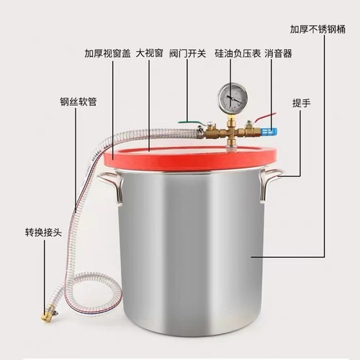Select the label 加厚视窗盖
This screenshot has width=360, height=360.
pos(107,53)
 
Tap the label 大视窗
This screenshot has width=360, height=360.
pos(149,53)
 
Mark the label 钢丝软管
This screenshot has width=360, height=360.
pos(78,102)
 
